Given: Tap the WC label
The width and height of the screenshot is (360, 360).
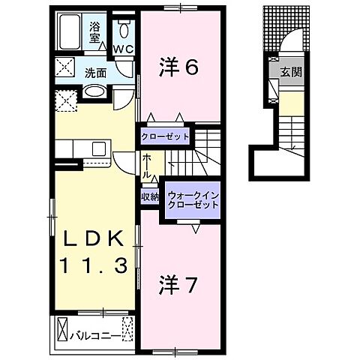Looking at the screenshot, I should point(124,49).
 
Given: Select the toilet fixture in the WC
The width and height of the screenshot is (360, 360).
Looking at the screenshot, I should point(124,30).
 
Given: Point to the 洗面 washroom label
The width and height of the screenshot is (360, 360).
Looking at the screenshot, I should point(94,73).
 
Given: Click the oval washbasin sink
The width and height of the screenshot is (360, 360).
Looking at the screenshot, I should point(94,92).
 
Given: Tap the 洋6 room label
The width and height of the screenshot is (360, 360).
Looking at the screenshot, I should point(178,68).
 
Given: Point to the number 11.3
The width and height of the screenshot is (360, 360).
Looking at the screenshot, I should point(94,264).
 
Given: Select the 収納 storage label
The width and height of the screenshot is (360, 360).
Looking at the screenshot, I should point(149,197).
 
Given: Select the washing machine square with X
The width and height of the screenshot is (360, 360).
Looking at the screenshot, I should point(65,100).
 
